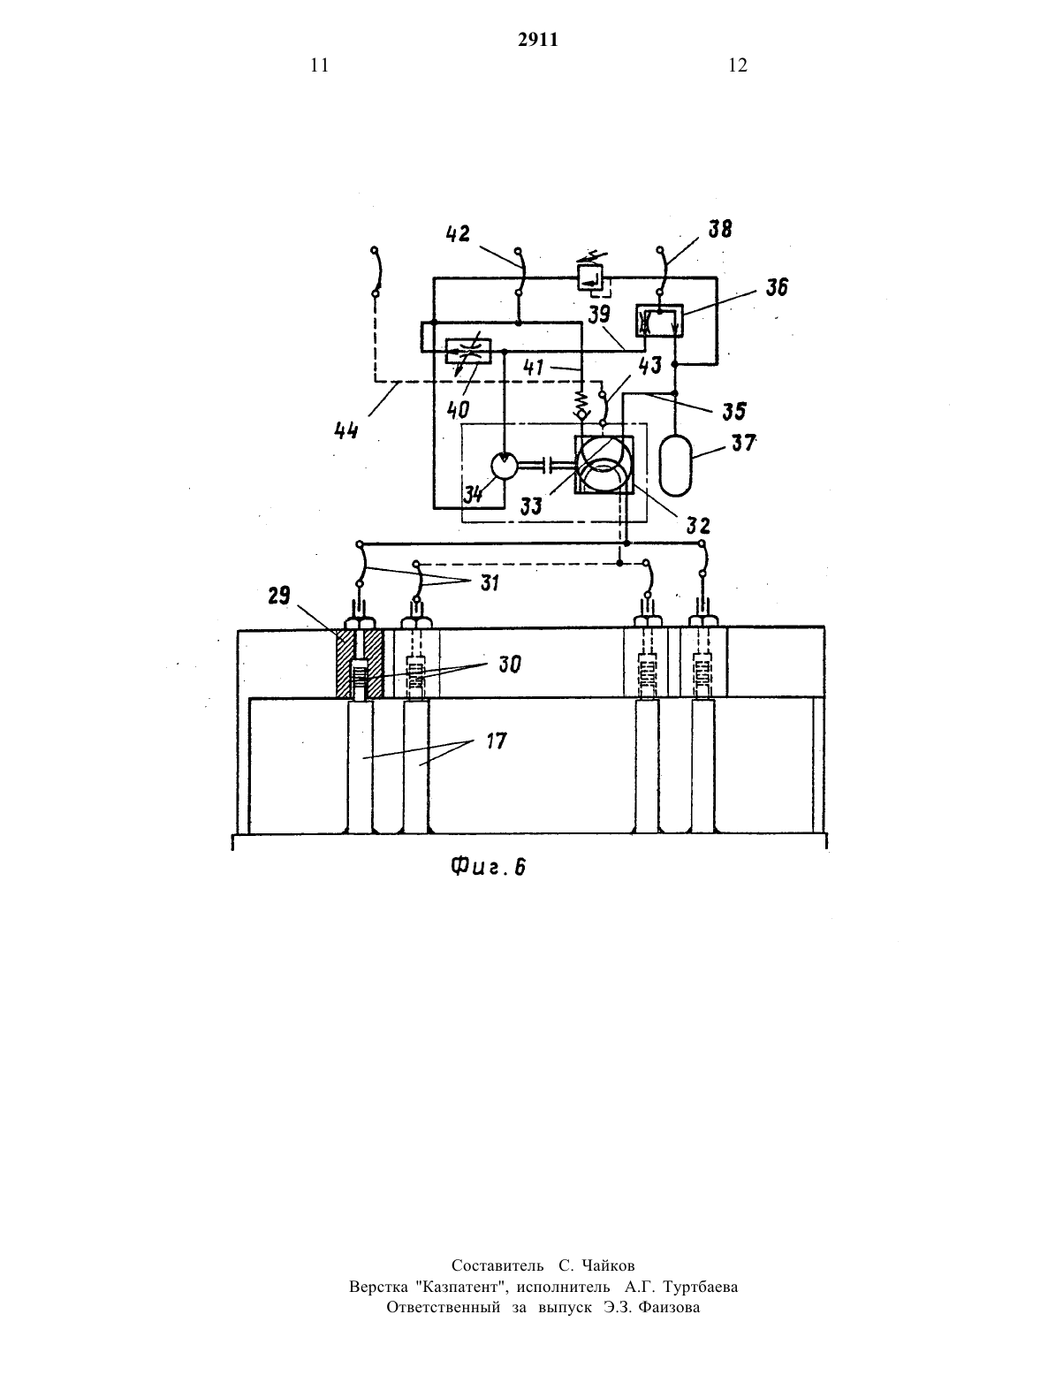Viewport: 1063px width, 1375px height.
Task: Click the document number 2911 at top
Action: click(538, 40)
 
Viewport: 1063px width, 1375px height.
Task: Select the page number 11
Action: click(320, 65)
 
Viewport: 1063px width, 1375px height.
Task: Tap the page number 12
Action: click(738, 65)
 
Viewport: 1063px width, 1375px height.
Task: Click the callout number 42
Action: click(458, 233)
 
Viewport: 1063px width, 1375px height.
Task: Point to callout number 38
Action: click(721, 228)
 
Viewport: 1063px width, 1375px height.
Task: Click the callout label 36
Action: click(777, 287)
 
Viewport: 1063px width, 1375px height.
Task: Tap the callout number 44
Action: click(346, 431)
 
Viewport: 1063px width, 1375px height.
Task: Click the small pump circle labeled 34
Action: click(505, 467)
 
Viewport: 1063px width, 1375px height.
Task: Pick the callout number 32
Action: click(698, 525)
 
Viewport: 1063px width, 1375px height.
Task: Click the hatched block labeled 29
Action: click(359, 664)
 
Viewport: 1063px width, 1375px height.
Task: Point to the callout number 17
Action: click(496, 741)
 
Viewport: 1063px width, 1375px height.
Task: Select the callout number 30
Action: click(509, 665)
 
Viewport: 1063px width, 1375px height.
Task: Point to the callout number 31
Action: click(490, 582)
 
